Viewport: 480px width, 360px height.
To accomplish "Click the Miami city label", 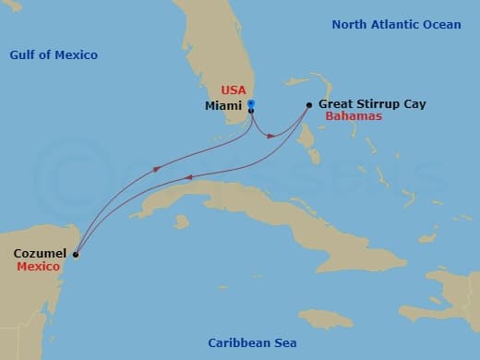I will (x=223, y=105).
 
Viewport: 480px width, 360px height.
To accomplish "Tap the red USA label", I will (x=233, y=90).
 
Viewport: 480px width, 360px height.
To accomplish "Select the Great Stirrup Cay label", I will (x=372, y=105).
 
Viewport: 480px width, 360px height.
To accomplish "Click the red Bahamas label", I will (x=354, y=118).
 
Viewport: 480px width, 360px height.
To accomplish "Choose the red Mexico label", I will (x=38, y=266).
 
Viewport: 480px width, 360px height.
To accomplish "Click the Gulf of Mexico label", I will (x=54, y=55).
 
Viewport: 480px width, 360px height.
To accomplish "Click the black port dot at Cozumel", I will (x=76, y=255).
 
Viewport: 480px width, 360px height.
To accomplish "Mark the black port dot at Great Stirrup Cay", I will (x=307, y=105).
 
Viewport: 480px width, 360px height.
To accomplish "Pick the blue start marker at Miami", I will (x=250, y=102).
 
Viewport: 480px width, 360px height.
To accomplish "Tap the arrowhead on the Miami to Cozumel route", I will (x=156, y=169).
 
